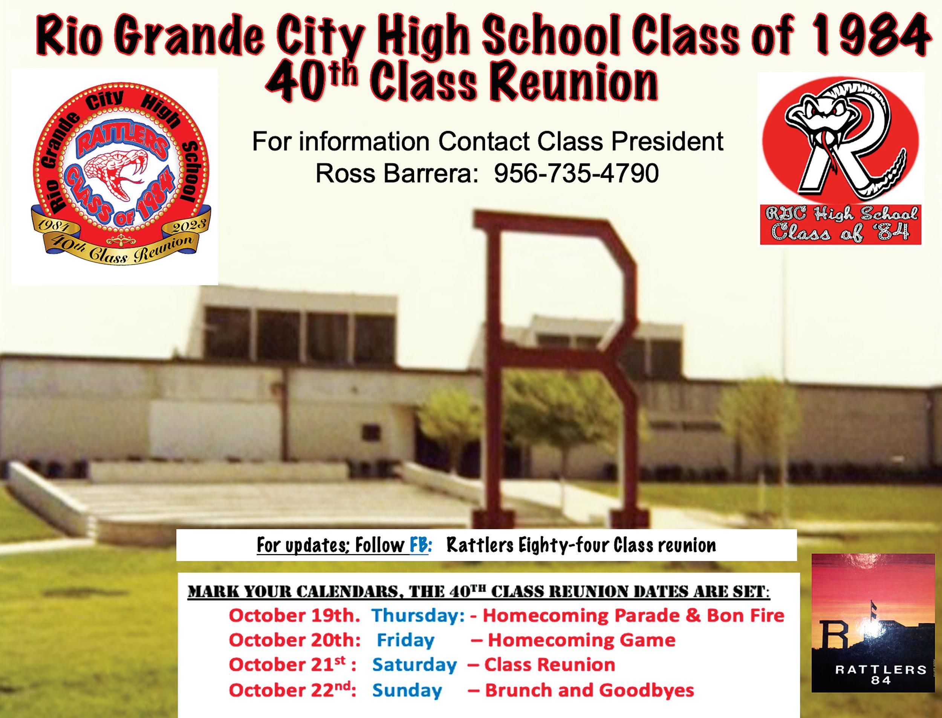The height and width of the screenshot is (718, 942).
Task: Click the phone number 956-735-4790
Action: [x=576, y=173]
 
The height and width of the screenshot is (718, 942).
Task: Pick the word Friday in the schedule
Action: [x=405, y=640]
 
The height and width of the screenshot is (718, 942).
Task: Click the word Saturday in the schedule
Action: [x=414, y=665]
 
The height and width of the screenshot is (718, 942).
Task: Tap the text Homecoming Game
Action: [x=581, y=640]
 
